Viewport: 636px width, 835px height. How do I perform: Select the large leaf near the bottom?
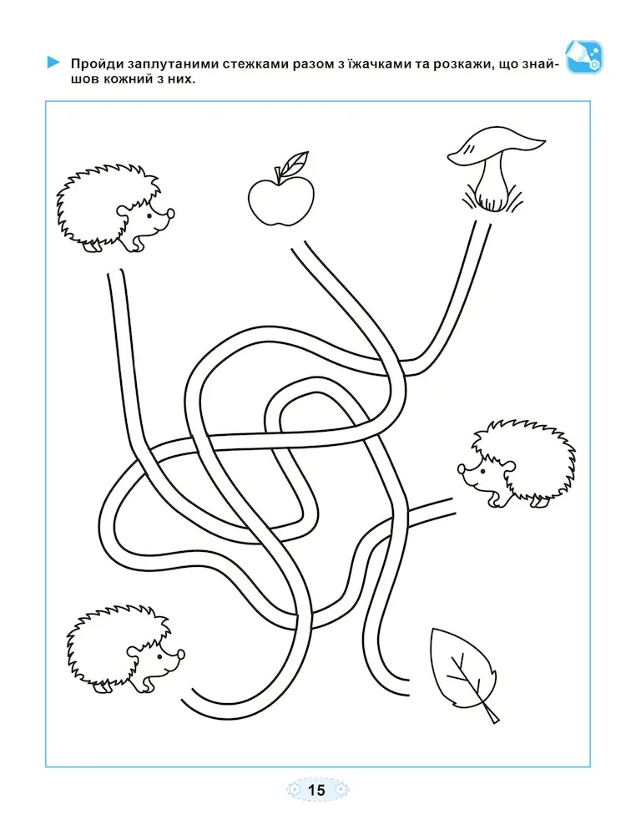[x=463, y=672]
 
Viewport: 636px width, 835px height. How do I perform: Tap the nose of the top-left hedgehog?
[x=170, y=214]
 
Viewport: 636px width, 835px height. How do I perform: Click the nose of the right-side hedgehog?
[x=461, y=469]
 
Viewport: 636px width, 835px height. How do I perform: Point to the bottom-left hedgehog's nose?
[x=181, y=654]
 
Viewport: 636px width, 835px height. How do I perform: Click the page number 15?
[x=316, y=790]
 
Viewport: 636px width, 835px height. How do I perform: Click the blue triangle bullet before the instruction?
[x=53, y=63]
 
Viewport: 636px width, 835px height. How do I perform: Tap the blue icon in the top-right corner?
[x=584, y=57]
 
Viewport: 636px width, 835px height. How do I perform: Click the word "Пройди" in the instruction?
[x=97, y=65]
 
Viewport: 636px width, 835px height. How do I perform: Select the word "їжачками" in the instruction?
[x=373, y=64]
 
